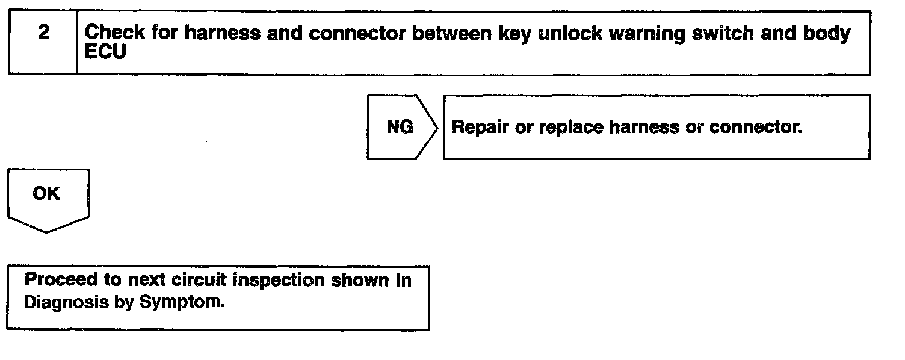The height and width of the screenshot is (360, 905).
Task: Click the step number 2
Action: tap(44, 33)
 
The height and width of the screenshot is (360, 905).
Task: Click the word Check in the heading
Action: tap(115, 33)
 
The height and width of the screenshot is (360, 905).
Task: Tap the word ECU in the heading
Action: tap(105, 51)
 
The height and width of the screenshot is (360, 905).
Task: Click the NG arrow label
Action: tap(400, 127)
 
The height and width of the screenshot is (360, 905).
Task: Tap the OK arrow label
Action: tap(46, 193)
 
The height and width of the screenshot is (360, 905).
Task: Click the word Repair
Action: tap(480, 128)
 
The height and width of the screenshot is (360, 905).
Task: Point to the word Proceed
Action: tap(61, 279)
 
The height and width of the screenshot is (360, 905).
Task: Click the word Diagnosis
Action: tap(66, 302)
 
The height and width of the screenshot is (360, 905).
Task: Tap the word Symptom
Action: tap(182, 302)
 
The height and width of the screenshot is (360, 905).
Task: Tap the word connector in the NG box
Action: tap(756, 127)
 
